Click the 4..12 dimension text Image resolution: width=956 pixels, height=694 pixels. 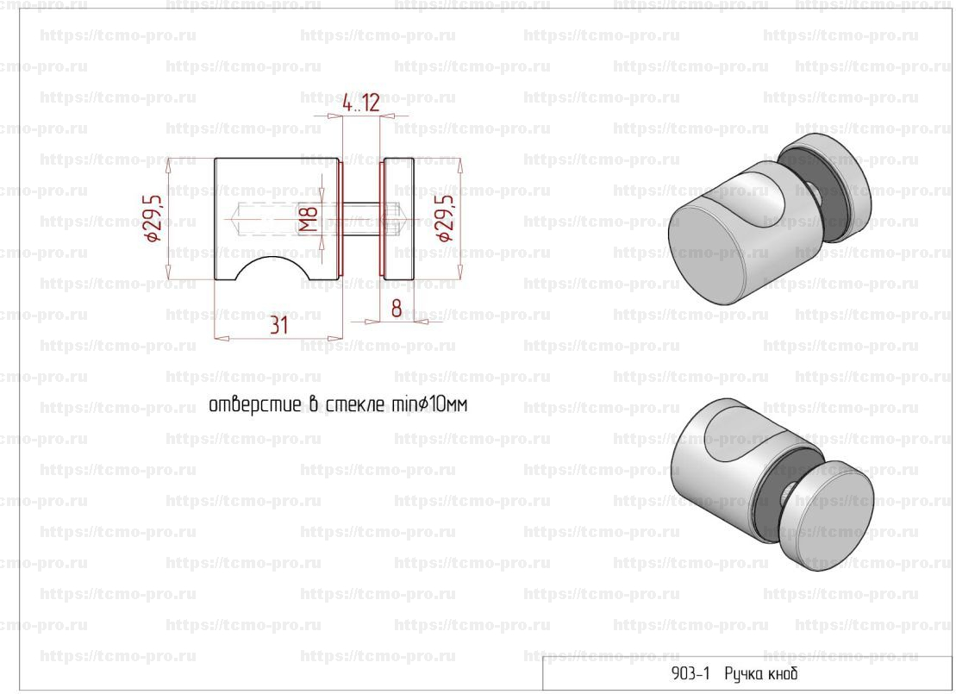click(x=361, y=103)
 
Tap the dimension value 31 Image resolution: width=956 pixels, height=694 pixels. click(x=278, y=325)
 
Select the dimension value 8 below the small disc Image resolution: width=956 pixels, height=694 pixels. click(x=397, y=309)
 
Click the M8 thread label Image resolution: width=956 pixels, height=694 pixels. click(x=309, y=220)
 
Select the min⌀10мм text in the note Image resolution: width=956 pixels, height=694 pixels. click(x=428, y=404)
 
